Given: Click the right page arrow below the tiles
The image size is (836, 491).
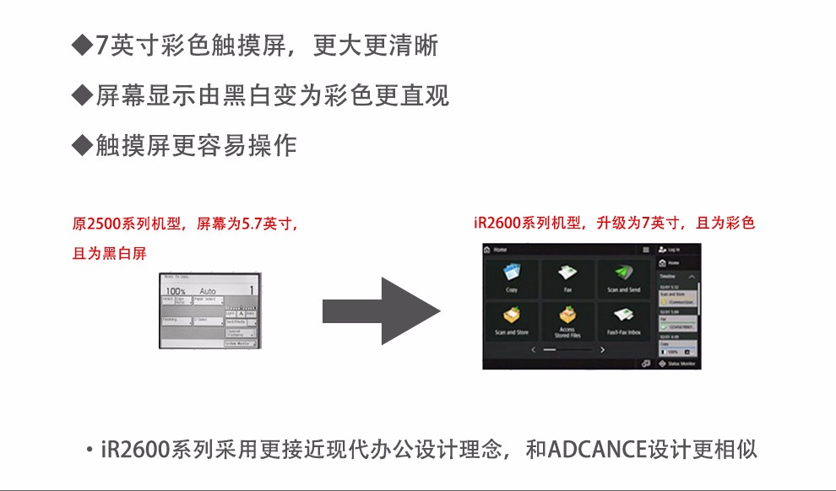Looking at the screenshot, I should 602,348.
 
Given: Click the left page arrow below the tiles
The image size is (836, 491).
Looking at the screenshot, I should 533,348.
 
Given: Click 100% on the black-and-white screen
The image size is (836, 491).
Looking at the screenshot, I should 176,290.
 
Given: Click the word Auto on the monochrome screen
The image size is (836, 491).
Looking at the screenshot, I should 208,290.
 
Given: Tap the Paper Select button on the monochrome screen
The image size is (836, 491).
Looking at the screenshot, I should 205,299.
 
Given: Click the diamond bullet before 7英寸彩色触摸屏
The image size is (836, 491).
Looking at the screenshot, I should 82,45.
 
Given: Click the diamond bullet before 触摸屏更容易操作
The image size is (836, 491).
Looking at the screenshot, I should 82,145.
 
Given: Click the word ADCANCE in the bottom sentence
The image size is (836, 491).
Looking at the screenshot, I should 595,448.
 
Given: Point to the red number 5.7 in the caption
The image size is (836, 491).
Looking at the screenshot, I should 256,225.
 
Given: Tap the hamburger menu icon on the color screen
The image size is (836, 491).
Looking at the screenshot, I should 646,251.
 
